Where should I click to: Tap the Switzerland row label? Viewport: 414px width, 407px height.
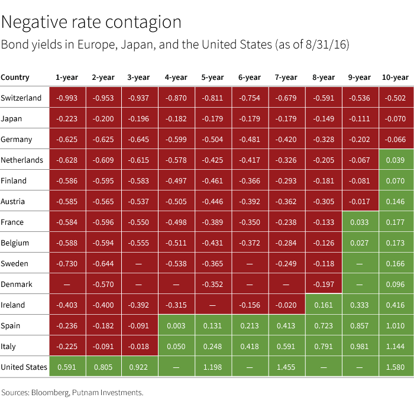21,98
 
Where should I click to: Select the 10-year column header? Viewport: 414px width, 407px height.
395,77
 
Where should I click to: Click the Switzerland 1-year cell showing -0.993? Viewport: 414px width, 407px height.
66,98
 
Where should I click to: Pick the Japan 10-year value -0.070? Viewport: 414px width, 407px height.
395,118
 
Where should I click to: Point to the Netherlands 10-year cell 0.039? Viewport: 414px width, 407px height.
395,160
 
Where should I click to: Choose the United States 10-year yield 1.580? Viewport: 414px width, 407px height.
395,367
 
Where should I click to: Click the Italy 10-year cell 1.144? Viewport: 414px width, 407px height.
395,346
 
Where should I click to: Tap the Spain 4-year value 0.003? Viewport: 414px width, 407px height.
176,325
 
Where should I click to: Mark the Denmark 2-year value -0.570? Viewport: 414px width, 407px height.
103,284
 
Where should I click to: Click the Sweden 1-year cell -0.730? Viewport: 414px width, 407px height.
66,263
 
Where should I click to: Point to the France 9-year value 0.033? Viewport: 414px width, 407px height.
360,222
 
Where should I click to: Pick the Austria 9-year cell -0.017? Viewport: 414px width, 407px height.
360,201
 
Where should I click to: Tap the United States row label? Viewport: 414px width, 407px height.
24,367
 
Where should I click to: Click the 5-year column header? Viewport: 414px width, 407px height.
212,77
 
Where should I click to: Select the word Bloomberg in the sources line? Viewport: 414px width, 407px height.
51,392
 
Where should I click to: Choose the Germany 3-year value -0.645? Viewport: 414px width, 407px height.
140,139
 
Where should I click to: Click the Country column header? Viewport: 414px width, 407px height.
15,77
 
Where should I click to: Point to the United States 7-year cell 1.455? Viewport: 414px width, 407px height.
286,367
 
